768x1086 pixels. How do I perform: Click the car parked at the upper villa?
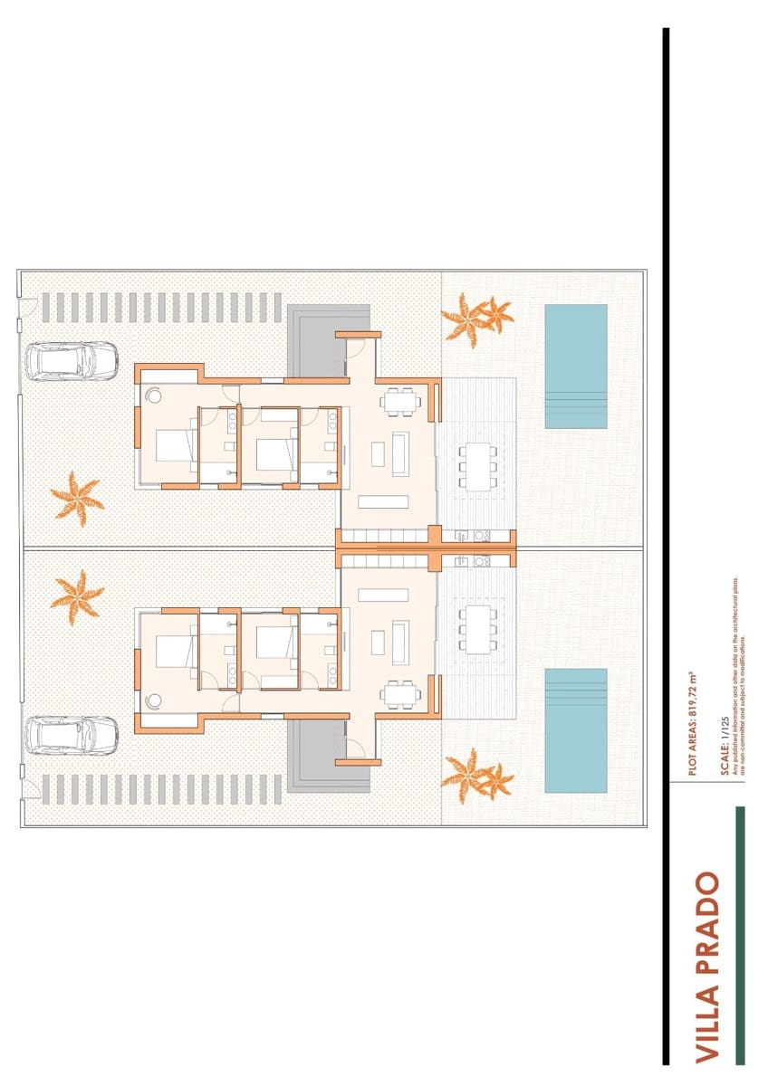pyautogui.click(x=72, y=361)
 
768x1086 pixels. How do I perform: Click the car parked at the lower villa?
pyautogui.click(x=72, y=735)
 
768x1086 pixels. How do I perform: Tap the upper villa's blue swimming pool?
pyautogui.click(x=576, y=366)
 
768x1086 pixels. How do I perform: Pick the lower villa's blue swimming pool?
pyautogui.click(x=576, y=730)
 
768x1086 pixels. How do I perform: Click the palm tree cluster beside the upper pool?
pyautogui.click(x=475, y=318)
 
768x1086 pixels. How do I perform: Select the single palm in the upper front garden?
pyautogui.click(x=76, y=497)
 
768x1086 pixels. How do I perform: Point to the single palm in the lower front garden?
pyautogui.click(x=76, y=596)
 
